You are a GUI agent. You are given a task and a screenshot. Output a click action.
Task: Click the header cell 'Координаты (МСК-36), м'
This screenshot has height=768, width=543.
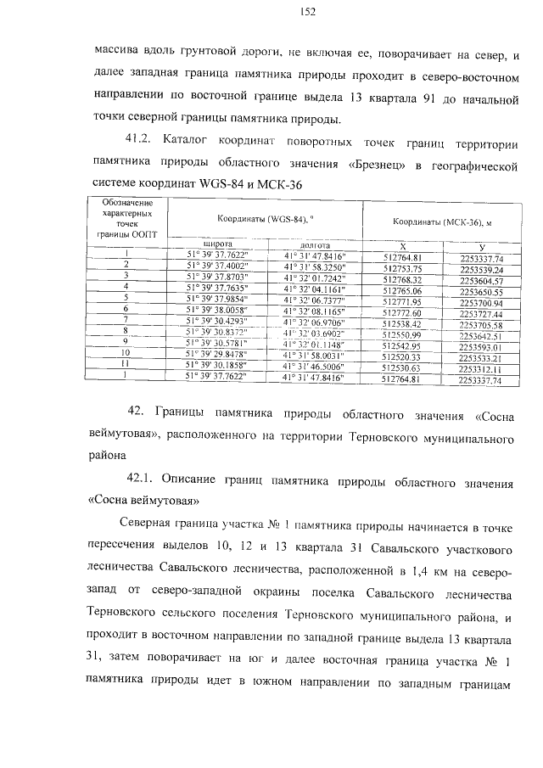tap(443, 221)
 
